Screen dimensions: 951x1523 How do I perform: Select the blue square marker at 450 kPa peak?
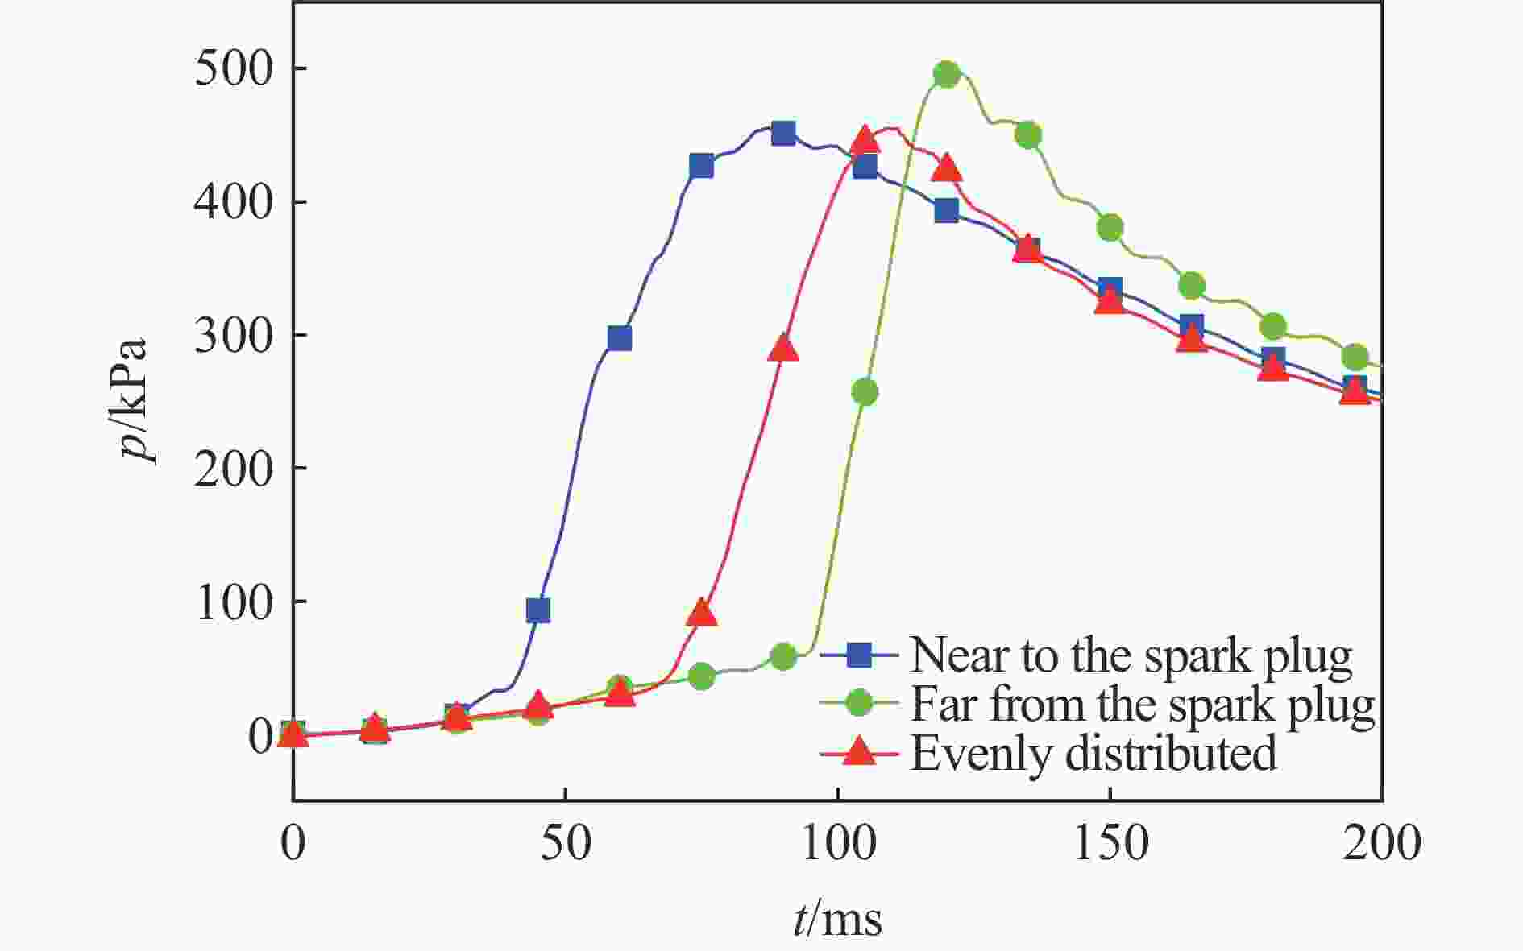[783, 134]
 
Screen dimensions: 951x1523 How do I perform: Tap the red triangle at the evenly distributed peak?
[865, 139]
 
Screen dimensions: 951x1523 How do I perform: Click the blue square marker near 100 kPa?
[538, 610]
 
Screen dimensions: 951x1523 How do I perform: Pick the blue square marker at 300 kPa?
[620, 338]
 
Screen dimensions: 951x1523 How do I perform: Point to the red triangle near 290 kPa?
[783, 348]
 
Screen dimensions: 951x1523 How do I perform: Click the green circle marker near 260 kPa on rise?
[865, 392]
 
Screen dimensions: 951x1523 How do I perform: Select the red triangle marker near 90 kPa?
[702, 613]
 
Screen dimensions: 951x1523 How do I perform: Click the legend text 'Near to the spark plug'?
[1131, 656]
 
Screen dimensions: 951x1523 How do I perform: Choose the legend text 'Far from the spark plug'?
[1142, 705]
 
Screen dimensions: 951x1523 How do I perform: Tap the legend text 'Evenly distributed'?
[1093, 754]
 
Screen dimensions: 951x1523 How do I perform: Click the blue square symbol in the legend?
[859, 655]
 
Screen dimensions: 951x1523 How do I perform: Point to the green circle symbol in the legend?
[859, 704]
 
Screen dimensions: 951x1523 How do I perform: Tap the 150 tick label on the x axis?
[1110, 844]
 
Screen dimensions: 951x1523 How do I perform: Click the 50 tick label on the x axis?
[566, 844]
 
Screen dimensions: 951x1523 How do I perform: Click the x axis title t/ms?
[837, 919]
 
